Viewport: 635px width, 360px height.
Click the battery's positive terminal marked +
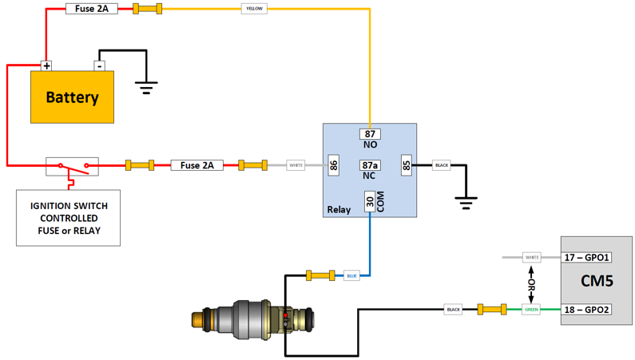pyautogui.click(x=46, y=65)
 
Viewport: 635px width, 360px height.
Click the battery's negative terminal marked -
pyautogui.click(x=99, y=65)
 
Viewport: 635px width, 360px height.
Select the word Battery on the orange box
pyautogui.click(x=72, y=97)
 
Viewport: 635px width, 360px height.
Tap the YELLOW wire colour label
pyautogui.click(x=254, y=9)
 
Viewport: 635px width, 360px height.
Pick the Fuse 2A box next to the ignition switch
pyautogui.click(x=196, y=165)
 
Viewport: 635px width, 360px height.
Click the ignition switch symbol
pyautogui.click(x=72, y=166)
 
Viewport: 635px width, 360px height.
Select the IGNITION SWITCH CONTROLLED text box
pyautogui.click(x=69, y=218)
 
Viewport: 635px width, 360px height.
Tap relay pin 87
pyautogui.click(x=370, y=134)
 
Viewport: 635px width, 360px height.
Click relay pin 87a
pyautogui.click(x=370, y=165)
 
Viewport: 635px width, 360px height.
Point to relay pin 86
pyautogui.click(x=334, y=165)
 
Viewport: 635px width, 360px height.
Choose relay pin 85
pyautogui.click(x=406, y=165)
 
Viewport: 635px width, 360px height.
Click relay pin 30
pyautogui.click(x=370, y=202)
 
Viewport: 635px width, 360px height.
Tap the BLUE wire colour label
pyautogui.click(x=351, y=275)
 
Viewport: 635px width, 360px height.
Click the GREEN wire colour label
pyautogui.click(x=531, y=309)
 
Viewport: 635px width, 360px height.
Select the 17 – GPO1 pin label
pyautogui.click(x=586, y=257)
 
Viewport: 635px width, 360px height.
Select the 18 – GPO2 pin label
pyautogui.click(x=586, y=309)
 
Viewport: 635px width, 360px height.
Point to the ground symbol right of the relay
pyautogui.click(x=466, y=202)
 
